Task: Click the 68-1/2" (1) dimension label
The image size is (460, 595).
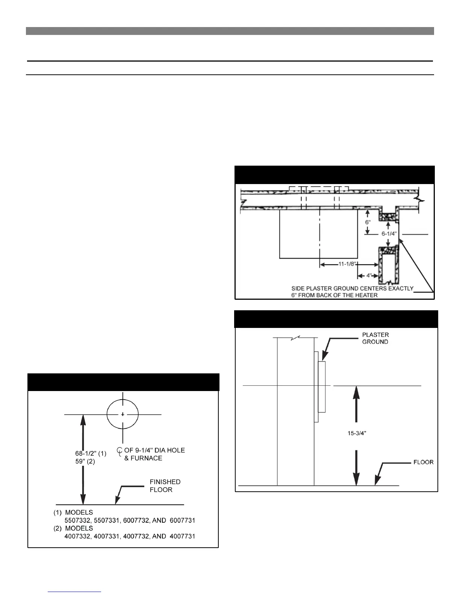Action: tap(91, 453)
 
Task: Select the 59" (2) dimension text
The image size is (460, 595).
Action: tap(85, 462)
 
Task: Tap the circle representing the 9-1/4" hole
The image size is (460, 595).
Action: tap(123, 414)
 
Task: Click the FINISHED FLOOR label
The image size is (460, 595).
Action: tap(165, 486)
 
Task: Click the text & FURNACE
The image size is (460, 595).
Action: tap(143, 458)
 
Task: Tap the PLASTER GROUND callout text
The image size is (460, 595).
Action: tap(375, 338)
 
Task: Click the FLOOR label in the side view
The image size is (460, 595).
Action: tap(423, 462)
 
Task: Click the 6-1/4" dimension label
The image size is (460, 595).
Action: tap(389, 234)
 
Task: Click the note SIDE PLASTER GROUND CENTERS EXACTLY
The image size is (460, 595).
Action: tap(352, 288)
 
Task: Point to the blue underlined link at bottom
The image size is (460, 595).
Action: tap(74, 592)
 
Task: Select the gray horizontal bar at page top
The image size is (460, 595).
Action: tap(230, 31)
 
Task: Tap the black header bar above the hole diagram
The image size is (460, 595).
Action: tap(123, 382)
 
